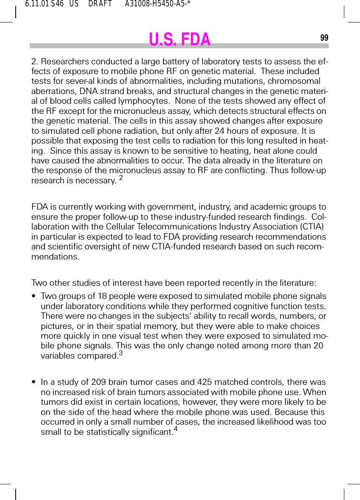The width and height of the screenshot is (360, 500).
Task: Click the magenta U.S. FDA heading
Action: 180,39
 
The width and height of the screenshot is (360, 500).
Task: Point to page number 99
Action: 324,38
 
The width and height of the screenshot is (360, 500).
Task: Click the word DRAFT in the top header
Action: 100,5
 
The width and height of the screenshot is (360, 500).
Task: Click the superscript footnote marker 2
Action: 121,179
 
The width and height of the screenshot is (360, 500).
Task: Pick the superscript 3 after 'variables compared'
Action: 121,353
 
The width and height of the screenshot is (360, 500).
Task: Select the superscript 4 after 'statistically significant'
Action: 176,429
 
